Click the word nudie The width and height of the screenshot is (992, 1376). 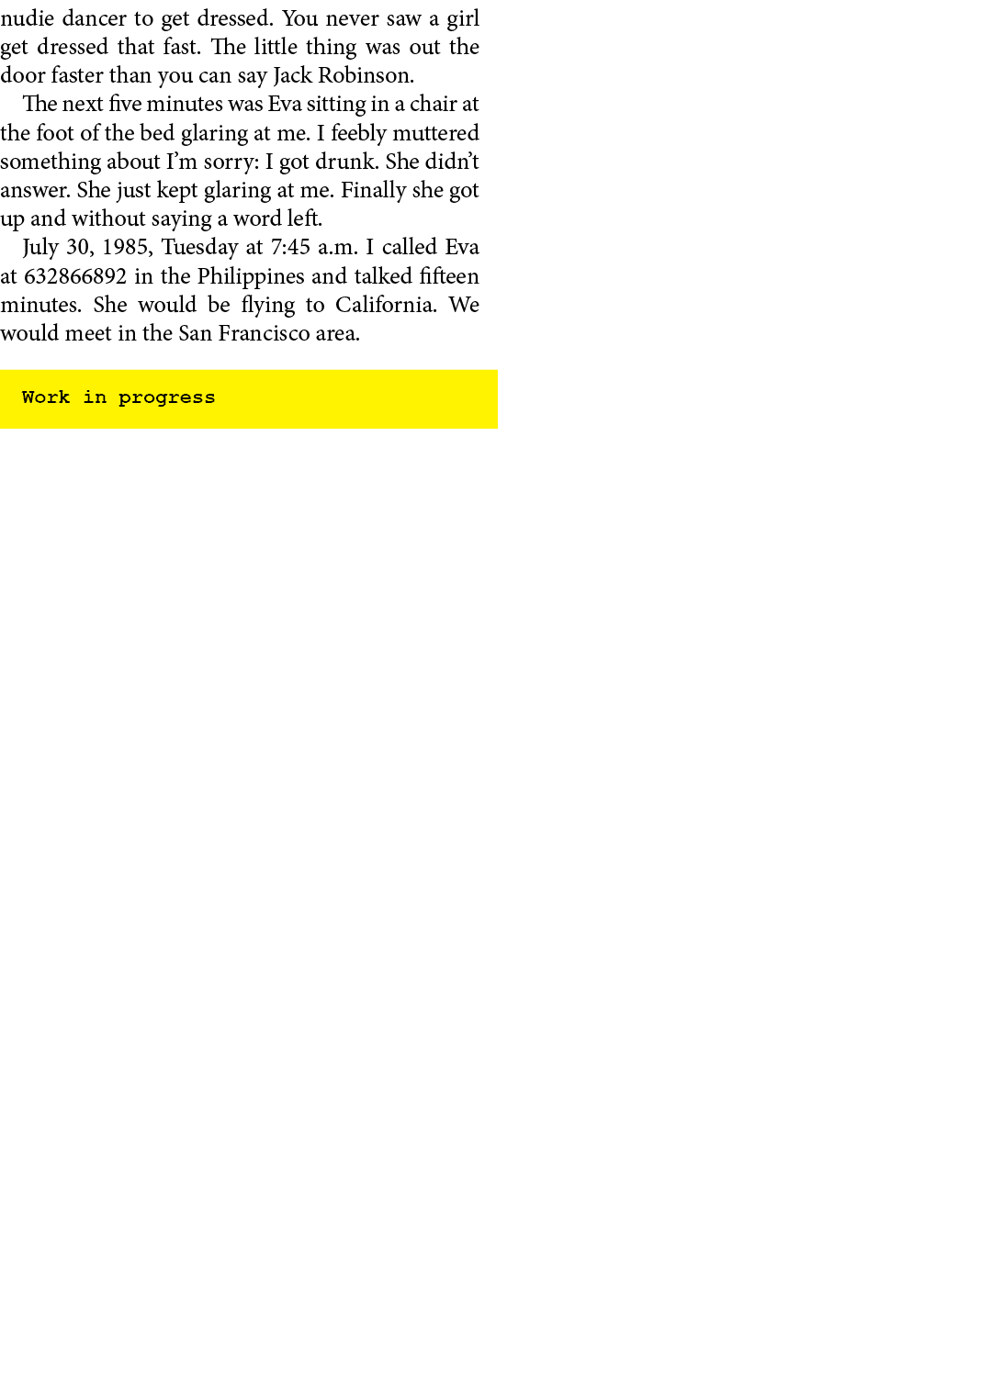click(x=27, y=18)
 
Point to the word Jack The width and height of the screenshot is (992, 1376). click(x=292, y=75)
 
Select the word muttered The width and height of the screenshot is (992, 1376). click(x=435, y=133)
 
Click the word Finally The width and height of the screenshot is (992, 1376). click(x=373, y=190)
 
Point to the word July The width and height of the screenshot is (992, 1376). click(x=40, y=248)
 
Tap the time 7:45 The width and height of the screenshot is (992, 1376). click(x=290, y=248)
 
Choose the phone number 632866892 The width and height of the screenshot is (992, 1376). click(x=75, y=276)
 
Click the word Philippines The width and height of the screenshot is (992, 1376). click(x=250, y=276)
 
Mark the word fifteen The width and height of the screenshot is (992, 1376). click(x=449, y=276)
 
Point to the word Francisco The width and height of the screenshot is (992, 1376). click(x=264, y=333)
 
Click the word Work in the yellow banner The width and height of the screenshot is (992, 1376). click(x=46, y=397)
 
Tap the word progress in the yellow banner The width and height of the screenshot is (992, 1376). click(x=166, y=398)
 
